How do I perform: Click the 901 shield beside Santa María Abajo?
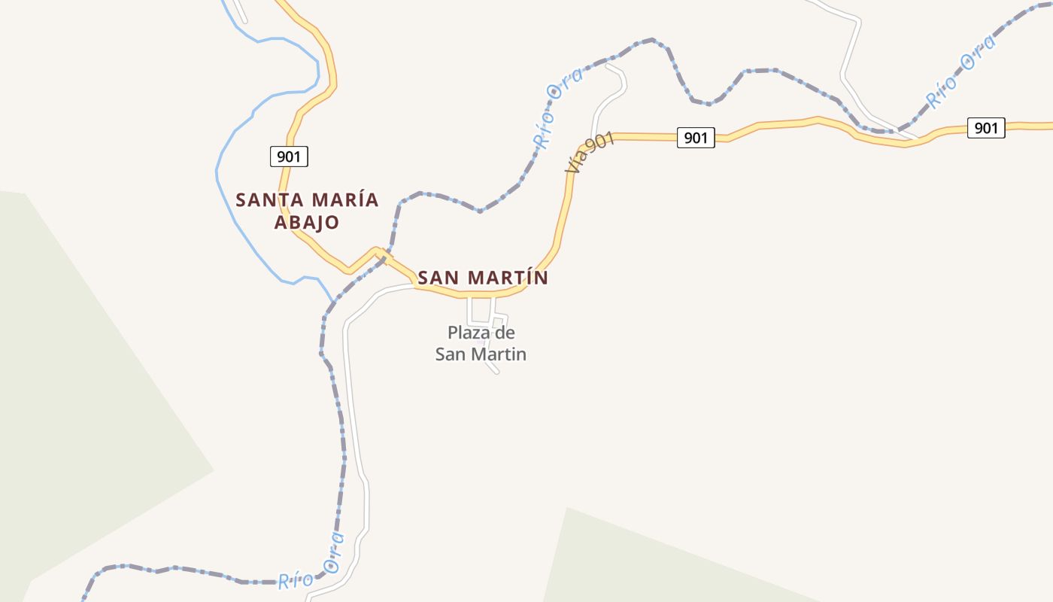tap(289, 157)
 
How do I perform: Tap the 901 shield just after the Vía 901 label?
tap(696, 138)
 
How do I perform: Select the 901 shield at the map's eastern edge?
tap(985, 128)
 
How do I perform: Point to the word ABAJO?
tap(307, 223)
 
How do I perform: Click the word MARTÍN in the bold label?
tap(508, 278)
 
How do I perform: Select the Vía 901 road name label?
tap(591, 154)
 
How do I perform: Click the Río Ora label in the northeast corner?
tap(960, 72)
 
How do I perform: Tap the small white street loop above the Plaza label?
tap(481, 310)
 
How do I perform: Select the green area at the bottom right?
tap(677, 564)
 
